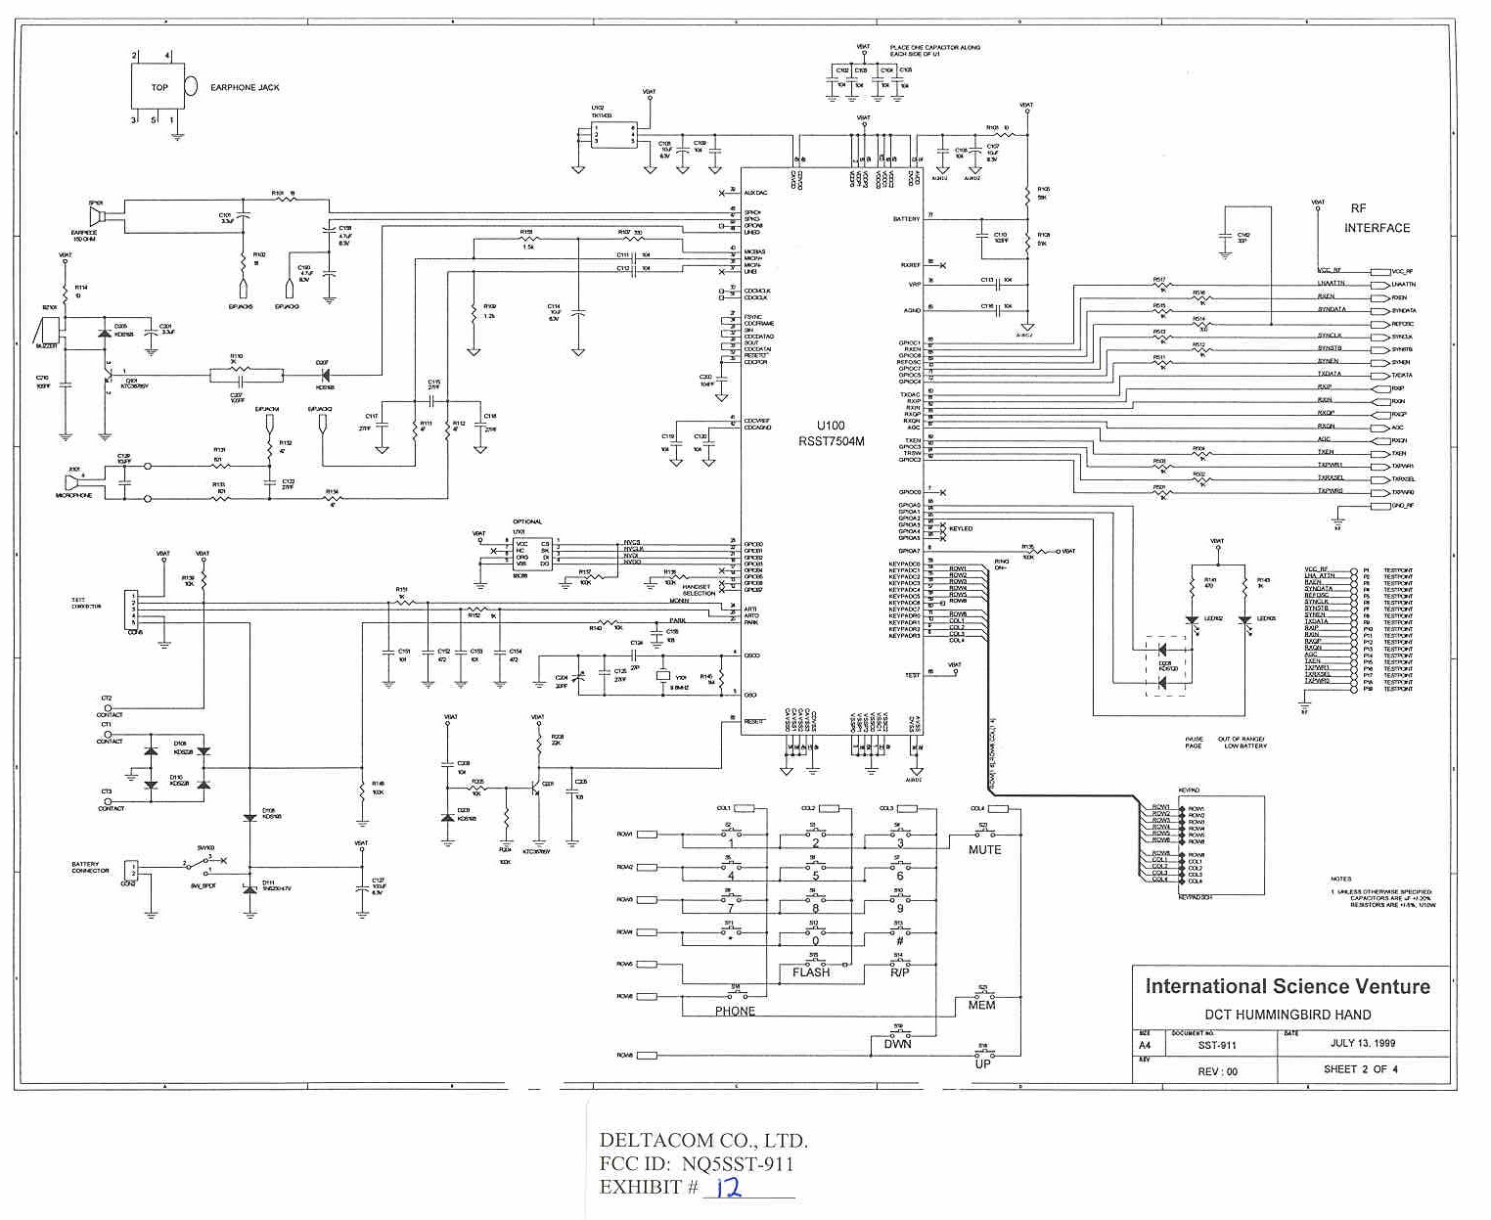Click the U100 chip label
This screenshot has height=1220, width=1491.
pos(831,426)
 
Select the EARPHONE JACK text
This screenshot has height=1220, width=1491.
pos(245,88)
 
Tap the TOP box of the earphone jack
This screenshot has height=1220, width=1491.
pos(158,87)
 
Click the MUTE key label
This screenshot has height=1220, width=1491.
pos(984,850)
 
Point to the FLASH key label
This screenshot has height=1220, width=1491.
pos(811,972)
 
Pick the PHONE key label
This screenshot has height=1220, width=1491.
pos(735,1012)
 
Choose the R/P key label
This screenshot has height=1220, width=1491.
pos(900,972)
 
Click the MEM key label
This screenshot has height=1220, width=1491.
pos(981,1005)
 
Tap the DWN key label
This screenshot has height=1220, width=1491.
pos(897,1044)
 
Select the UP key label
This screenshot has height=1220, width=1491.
pos(982,1063)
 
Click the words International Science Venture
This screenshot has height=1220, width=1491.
pos(1288,987)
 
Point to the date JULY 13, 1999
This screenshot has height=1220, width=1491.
pos(1363,1043)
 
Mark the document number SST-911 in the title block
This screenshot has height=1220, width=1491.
pos(1217,1046)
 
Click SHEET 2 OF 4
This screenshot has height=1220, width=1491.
pos(1360,1069)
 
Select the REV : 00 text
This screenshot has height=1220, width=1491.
pos(1217,1071)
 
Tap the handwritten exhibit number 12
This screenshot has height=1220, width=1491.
pos(728,1189)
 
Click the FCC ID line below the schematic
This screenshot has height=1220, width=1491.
pos(696,1164)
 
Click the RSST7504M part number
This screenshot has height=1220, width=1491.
pos(831,441)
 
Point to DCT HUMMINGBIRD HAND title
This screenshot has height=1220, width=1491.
pos(1287,1015)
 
